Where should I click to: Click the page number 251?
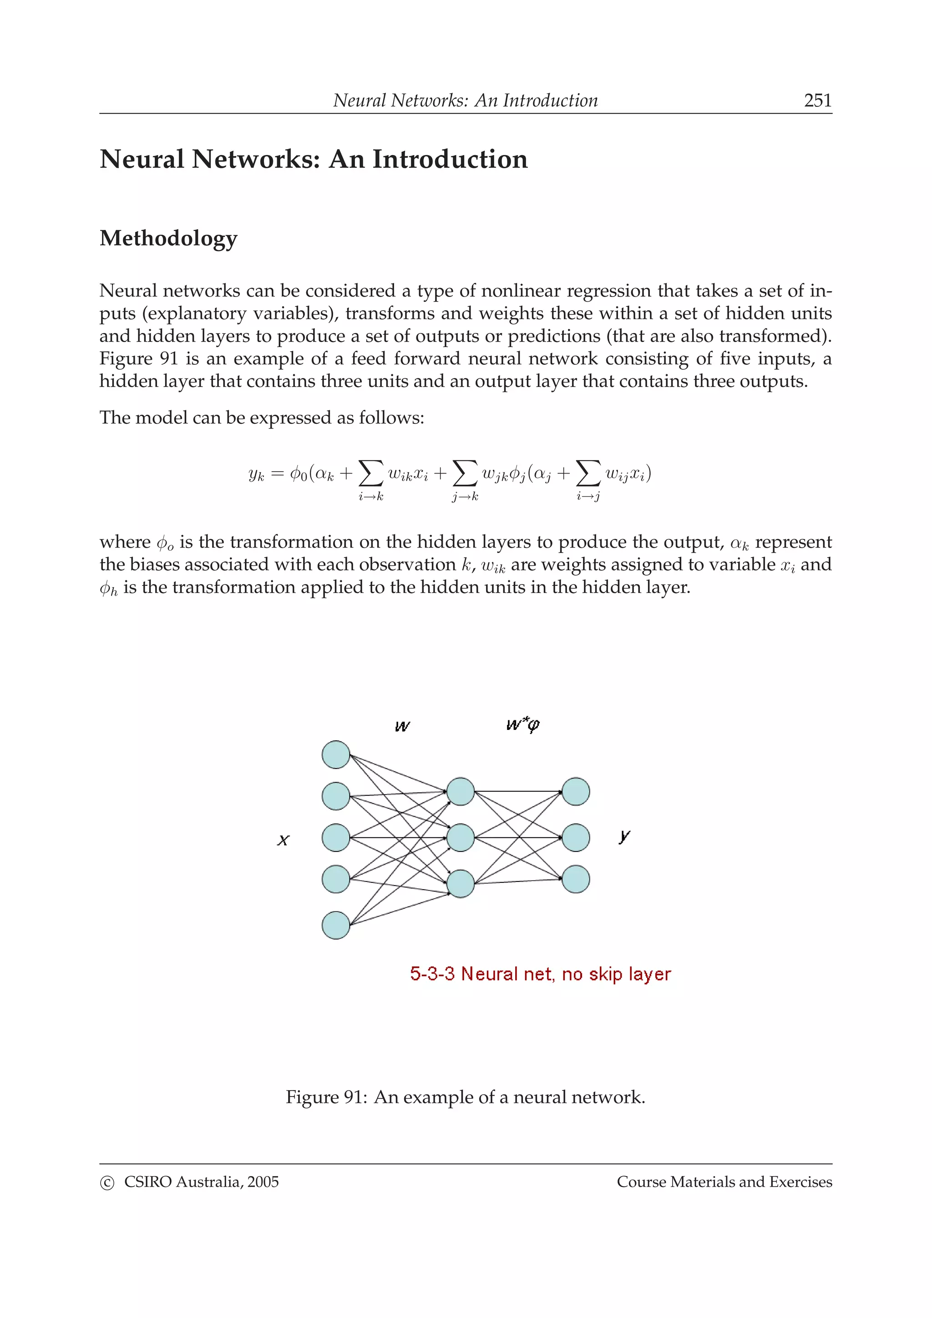coord(817,101)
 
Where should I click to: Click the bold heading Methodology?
coord(168,238)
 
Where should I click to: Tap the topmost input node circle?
coord(336,755)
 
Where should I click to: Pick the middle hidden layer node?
coord(461,838)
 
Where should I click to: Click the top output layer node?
coord(575,792)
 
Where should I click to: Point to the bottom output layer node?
coord(575,879)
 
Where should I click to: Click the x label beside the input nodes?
coord(283,840)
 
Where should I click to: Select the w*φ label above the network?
coord(522,725)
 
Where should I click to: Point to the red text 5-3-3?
coord(432,974)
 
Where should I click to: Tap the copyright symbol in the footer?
coord(107,1182)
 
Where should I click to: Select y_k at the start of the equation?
coord(256,474)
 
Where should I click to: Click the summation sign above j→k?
coord(465,473)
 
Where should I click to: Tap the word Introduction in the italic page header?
coord(550,101)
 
